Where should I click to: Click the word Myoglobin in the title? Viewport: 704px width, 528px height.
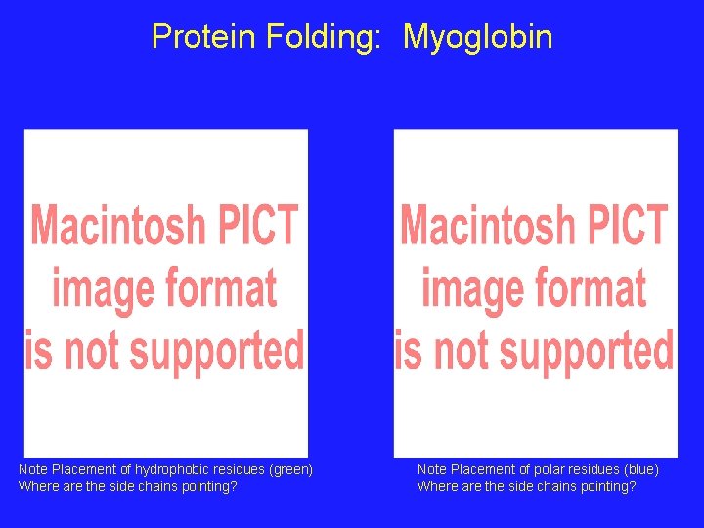[x=477, y=37]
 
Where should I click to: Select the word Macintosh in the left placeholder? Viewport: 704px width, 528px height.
[x=120, y=226]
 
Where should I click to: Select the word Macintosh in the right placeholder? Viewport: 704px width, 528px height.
[x=489, y=226]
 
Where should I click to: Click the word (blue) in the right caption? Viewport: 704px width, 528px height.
[x=639, y=470]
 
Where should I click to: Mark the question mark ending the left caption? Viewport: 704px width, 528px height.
[x=234, y=486]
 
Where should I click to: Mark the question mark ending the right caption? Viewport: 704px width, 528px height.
[x=633, y=486]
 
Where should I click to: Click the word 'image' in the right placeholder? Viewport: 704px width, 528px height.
[x=463, y=288]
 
